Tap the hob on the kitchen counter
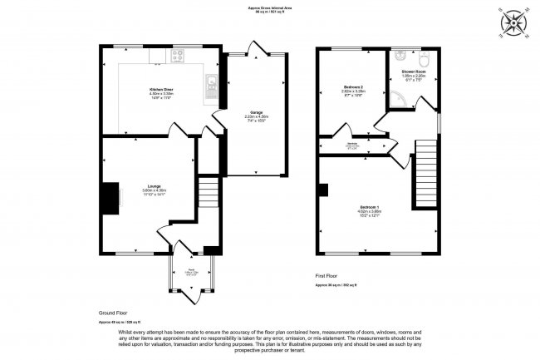[176, 57]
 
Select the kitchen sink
[213, 82]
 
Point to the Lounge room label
[154, 187]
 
